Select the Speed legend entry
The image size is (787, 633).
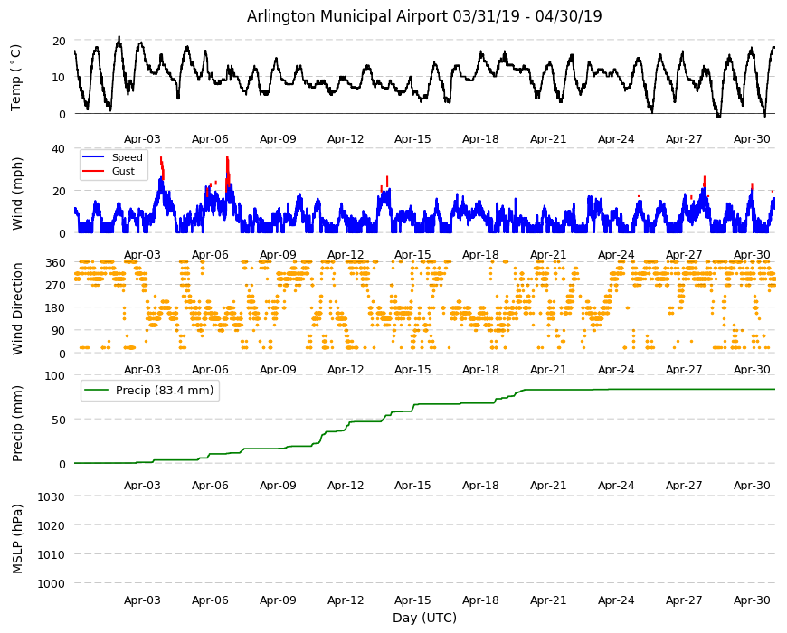[x=112, y=157]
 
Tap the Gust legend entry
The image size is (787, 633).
[x=109, y=171]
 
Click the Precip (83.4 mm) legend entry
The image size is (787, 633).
[x=149, y=391]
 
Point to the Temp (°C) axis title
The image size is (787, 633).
[x=16, y=77]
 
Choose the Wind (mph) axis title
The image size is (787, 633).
[x=17, y=194]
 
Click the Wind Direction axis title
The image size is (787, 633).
[x=17, y=308]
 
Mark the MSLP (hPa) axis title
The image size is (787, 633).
[x=17, y=539]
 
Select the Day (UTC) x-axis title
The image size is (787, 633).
[x=424, y=618]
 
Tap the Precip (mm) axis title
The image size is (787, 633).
[x=17, y=423]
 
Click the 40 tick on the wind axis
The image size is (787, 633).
[x=58, y=149]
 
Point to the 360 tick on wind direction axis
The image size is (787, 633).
[x=55, y=263]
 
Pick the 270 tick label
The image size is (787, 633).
[x=55, y=286]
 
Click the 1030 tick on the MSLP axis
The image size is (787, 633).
[x=52, y=497]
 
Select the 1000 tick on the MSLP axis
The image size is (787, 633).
[x=52, y=584]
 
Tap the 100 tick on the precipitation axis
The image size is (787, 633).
[x=55, y=376]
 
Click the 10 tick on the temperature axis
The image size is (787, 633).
[x=58, y=78]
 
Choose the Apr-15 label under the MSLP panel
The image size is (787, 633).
[x=412, y=600]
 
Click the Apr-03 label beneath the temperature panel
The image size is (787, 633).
[x=142, y=139]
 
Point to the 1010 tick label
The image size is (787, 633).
[x=52, y=554]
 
